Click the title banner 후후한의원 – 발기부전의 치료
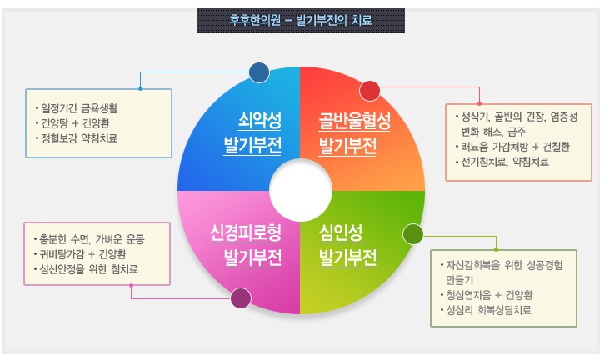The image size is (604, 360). click(x=301, y=19)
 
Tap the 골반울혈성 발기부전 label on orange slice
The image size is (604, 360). click(x=348, y=133)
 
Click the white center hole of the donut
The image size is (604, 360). click(x=299, y=188)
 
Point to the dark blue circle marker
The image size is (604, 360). click(x=258, y=72)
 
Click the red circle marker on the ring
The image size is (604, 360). click(x=369, y=90)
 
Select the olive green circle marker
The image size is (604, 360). click(x=413, y=234)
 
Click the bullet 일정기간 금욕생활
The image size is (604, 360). click(x=81, y=107)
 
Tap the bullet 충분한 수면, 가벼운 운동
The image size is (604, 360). click(x=92, y=238)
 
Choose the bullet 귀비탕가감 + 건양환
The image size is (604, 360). click(x=83, y=253)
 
